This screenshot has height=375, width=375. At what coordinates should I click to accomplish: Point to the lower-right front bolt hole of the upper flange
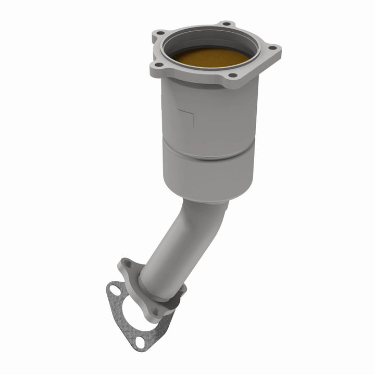232,76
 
